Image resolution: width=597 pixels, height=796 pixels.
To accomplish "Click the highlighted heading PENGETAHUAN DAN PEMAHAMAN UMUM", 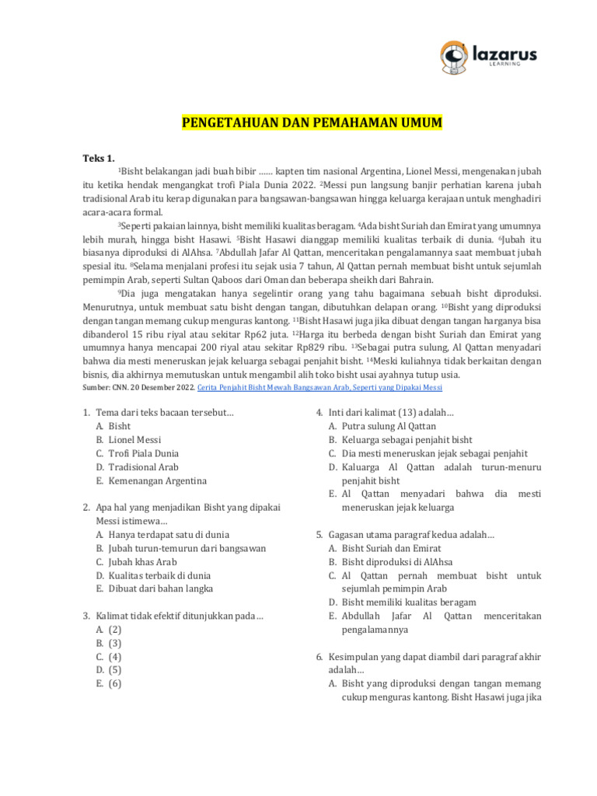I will tap(311, 124).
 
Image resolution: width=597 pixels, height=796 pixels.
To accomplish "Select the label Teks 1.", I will tap(99, 158).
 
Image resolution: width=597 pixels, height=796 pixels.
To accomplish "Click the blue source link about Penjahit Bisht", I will tap(320, 387).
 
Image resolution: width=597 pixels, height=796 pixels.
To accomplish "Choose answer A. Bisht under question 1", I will tap(113, 426).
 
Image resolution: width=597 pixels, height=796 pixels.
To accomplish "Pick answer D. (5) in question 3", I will tap(109, 670).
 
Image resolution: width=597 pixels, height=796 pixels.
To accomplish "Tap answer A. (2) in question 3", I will tap(109, 629).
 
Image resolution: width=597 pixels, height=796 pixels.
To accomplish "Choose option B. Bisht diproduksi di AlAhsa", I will tap(391, 562).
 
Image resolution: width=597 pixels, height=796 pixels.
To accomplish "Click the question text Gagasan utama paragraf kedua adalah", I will tap(412, 535).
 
